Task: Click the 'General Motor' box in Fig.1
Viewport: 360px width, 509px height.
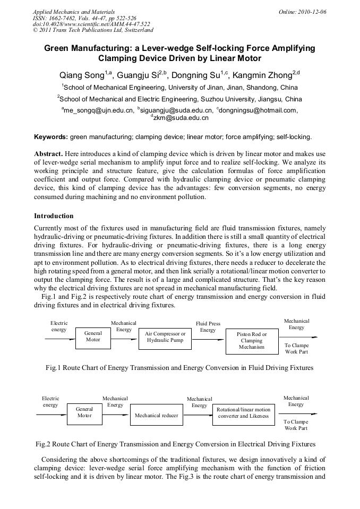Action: click(93, 337)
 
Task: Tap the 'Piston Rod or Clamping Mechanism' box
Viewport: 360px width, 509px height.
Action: click(252, 341)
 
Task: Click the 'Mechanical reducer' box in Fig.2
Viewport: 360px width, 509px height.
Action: click(156, 416)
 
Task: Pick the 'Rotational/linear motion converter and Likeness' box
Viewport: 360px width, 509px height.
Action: click(243, 413)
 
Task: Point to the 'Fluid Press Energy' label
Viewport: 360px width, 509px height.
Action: click(208, 326)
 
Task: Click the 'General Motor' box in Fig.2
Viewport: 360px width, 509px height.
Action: click(84, 412)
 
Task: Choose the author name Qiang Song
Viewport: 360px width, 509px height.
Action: click(83, 75)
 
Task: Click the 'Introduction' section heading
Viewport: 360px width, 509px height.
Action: click(54, 216)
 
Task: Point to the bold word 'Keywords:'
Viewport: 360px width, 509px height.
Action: click(50, 137)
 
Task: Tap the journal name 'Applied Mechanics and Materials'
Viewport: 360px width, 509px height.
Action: click(74, 12)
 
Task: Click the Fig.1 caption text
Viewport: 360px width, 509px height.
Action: click(179, 368)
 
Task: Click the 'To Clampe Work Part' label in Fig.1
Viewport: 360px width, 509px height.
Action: click(296, 348)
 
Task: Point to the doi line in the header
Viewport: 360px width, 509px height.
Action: click(91, 24)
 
